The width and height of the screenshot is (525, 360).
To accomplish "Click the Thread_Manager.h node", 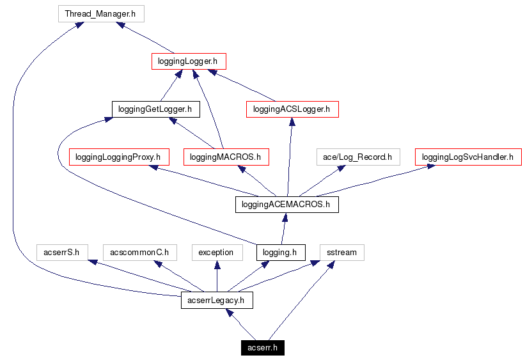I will point(100,13).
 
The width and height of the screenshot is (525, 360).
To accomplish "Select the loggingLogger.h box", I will point(189,61).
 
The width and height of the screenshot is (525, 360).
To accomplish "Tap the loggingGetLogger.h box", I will point(155,109).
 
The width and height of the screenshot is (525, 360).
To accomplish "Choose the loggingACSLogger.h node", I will point(292,109).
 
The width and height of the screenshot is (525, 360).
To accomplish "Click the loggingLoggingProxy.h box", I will point(118,157).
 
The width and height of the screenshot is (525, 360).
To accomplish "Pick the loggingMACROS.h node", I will point(226,157).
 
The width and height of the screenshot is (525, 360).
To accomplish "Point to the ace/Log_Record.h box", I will point(358,157).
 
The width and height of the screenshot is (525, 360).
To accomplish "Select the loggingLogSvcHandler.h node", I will point(468,157).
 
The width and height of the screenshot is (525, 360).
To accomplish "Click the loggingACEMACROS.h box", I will point(286,205).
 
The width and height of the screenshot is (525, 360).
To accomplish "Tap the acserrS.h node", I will point(61,252).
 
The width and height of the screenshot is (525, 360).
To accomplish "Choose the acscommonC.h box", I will point(139,252).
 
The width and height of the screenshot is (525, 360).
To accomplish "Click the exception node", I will point(216,252).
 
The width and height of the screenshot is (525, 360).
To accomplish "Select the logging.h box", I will point(280,252).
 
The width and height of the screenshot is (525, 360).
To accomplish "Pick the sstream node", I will point(341,252).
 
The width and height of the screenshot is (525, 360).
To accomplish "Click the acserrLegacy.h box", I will point(217,300).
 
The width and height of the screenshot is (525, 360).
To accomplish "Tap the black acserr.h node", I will point(263,348).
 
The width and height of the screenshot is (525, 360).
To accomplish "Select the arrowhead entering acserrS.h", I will point(93,262).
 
